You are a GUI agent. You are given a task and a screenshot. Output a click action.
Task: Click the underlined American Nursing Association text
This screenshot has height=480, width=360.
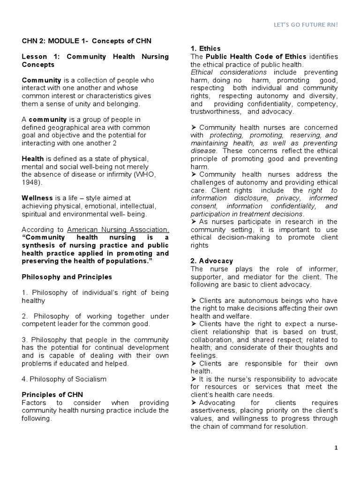(x=118, y=230)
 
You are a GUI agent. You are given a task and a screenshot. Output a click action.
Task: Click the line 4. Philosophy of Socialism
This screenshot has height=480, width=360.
(x=64, y=379)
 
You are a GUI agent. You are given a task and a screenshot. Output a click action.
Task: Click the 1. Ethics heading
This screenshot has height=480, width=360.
(x=205, y=48)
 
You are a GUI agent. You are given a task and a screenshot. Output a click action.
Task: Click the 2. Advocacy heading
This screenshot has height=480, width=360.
(x=211, y=261)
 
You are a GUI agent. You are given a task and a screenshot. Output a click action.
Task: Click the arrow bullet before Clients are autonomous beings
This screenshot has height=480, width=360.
(x=194, y=300)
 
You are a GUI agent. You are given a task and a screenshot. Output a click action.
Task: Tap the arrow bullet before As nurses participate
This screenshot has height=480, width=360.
(x=194, y=222)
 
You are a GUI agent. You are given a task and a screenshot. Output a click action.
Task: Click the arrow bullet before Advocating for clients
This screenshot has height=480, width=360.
(x=194, y=403)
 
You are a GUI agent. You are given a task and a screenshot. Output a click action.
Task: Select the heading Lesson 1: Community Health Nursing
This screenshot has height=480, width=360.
(x=95, y=57)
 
